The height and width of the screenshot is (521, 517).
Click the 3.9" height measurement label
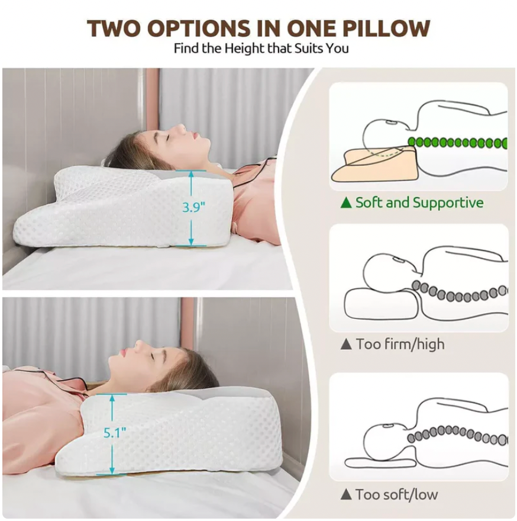[x=193, y=207]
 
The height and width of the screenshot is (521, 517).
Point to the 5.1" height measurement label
[x=115, y=433]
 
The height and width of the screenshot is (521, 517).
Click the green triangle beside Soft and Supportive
[x=346, y=202]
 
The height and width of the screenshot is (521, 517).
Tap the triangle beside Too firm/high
[x=346, y=344]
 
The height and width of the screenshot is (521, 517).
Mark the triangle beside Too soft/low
[x=346, y=494]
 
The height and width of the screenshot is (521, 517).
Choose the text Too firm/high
[x=400, y=344]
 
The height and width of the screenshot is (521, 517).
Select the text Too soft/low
[x=397, y=494]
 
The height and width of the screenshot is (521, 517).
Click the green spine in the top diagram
[x=457, y=143]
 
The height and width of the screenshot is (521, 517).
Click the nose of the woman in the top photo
[x=182, y=128]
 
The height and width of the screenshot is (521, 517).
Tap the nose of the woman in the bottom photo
[x=137, y=345]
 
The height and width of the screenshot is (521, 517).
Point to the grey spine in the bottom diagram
[x=457, y=435]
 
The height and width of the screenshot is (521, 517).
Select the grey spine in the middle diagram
[x=459, y=291]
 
